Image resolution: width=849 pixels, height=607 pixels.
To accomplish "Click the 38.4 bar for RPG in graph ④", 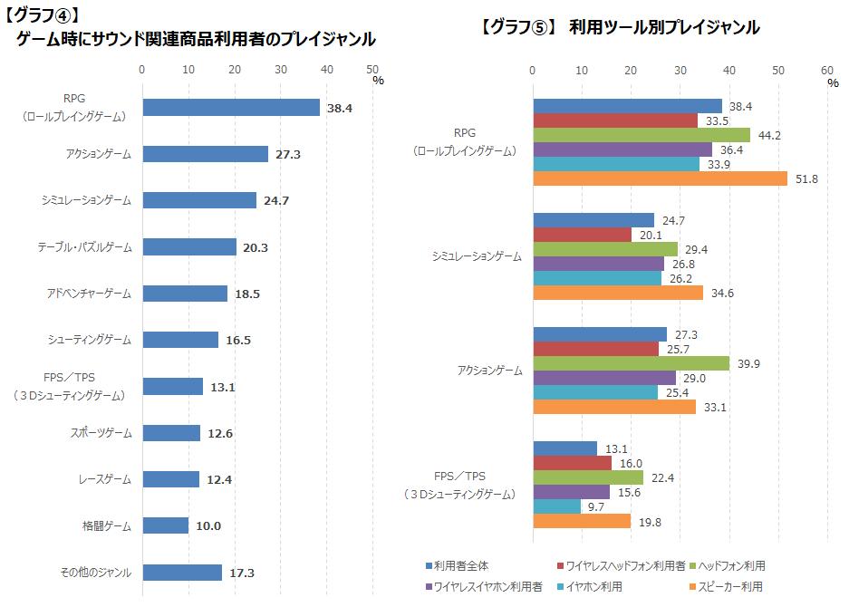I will tap(231, 108).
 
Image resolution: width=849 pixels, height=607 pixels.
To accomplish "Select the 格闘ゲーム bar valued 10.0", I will tap(166, 525).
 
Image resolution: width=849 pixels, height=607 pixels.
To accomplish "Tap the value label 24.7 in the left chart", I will tap(275, 200).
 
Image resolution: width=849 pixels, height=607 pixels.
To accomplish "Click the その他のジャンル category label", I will tap(95, 573).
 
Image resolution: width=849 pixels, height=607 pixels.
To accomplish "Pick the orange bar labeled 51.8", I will tap(661, 178).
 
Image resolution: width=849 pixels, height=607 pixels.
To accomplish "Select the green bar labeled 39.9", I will tap(632, 363).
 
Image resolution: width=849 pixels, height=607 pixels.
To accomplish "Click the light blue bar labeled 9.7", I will tap(557, 506).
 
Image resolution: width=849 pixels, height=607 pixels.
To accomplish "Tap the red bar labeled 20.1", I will tap(583, 235).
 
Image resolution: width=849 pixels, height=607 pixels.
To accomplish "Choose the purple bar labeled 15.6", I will tap(572, 492).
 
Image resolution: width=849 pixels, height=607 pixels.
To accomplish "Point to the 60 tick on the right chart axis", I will tap(826, 69).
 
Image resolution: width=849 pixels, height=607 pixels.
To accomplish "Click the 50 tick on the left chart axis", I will tap(372, 69).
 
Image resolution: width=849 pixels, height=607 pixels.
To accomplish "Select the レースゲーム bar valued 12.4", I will tap(171, 479).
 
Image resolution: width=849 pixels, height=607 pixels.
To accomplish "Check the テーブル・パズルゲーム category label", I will tap(84, 246).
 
